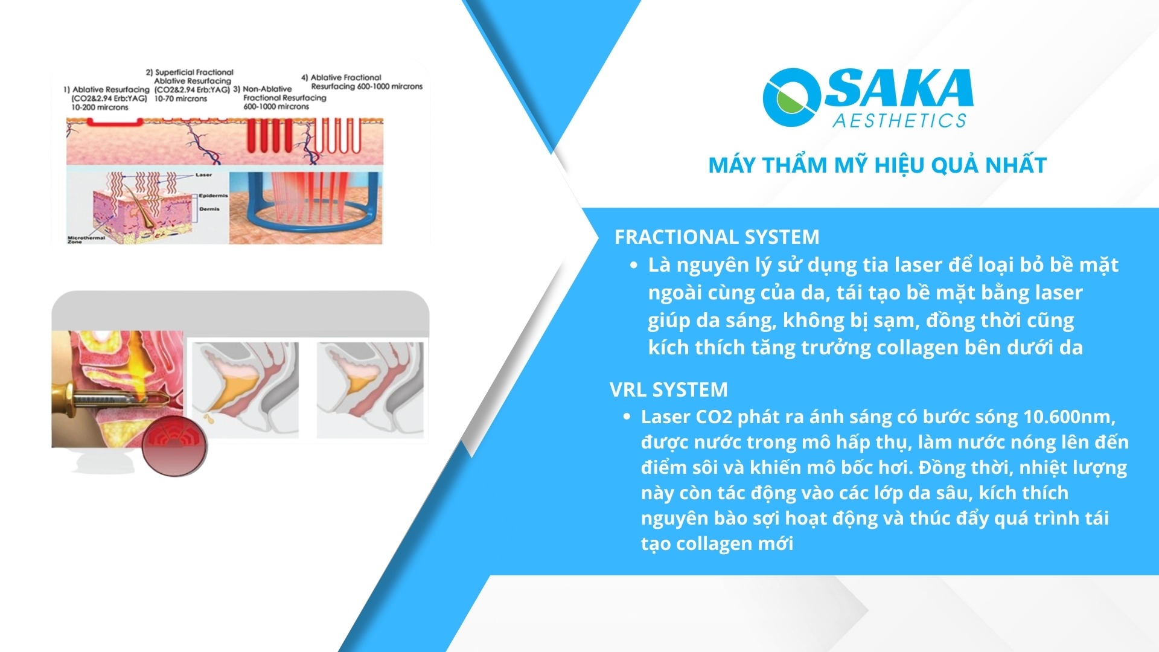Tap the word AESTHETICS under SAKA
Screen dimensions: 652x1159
click(x=899, y=121)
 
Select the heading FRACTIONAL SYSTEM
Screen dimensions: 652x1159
click(x=717, y=237)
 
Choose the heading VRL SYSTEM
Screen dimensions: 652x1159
click(x=668, y=389)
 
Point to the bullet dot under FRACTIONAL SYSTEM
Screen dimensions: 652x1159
click(x=633, y=265)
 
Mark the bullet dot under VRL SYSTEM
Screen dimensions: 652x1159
click(x=627, y=417)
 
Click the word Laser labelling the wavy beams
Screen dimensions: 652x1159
click(x=203, y=175)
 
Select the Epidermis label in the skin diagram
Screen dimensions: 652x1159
click(x=213, y=196)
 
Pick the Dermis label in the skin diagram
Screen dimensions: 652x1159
click(x=209, y=209)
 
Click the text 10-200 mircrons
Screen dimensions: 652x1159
click(x=100, y=107)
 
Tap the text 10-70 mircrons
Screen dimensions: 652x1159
click(x=180, y=98)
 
